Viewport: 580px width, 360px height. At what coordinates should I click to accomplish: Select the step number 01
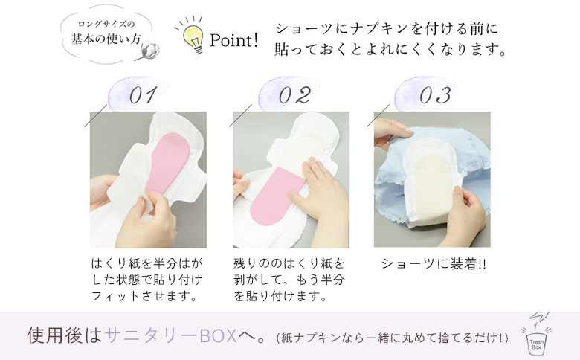[x=143, y=96]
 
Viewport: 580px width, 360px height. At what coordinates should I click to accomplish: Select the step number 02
[x=294, y=96]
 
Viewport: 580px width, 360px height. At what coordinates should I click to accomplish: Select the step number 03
[x=435, y=96]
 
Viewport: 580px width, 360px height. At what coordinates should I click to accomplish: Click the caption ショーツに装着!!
[x=433, y=264]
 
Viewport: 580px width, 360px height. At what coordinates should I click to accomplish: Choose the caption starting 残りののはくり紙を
[x=289, y=280]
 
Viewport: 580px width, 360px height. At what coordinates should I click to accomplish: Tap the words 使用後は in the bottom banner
[x=64, y=335]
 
